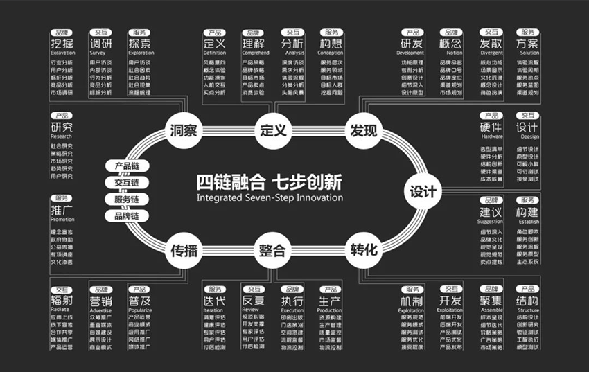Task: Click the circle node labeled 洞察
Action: [x=184, y=130]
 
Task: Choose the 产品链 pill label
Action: [x=127, y=167]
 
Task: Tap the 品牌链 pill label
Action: [x=127, y=215]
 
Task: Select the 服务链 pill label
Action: [x=127, y=200]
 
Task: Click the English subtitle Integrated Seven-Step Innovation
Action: [x=270, y=197]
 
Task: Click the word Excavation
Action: [x=63, y=53]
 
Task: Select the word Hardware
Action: [x=491, y=136]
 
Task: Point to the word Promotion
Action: [x=62, y=220]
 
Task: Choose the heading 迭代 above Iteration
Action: [x=214, y=301]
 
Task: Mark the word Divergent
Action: [x=491, y=53]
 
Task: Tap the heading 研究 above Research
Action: [x=62, y=127]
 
